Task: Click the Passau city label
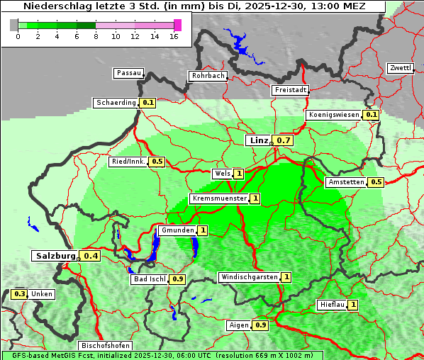point(128,73)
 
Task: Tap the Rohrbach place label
point(207,76)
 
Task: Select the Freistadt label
point(290,90)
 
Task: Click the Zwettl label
point(400,68)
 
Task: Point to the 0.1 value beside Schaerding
point(147,103)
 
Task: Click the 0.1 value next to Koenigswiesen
point(372,115)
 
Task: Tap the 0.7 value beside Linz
point(284,140)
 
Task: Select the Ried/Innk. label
point(128,162)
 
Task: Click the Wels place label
point(222,174)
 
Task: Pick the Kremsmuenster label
point(219,198)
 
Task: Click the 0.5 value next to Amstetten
point(376,182)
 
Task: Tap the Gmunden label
point(176,230)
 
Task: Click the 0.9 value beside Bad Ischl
point(178,279)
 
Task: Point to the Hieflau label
point(332,305)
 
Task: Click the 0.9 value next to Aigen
point(260,325)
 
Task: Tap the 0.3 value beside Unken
point(20,294)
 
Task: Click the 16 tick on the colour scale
point(173,35)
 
